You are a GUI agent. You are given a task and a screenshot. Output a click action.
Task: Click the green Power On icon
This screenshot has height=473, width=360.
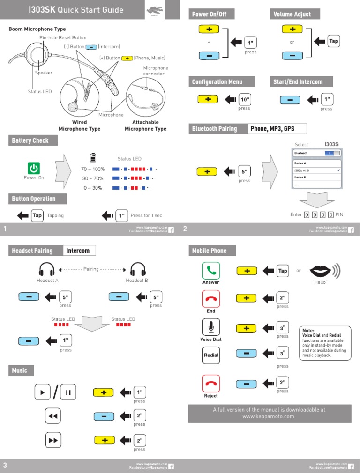[34, 168]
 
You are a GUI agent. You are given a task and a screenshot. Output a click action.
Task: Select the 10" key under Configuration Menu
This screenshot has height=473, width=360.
[245, 100]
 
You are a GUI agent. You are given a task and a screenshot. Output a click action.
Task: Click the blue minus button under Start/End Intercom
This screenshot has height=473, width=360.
[291, 100]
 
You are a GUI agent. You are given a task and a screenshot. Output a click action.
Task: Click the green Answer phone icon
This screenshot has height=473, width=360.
[211, 271]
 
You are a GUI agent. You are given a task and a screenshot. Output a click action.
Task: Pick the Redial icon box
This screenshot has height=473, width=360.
[211, 355]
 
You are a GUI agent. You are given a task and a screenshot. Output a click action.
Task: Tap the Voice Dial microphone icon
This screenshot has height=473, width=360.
[211, 327]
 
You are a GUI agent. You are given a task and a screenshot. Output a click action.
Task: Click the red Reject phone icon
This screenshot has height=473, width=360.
[211, 384]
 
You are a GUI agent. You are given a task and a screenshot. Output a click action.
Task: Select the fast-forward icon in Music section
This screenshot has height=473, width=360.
[53, 441]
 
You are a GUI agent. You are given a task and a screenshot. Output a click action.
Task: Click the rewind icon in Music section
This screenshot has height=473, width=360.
[53, 416]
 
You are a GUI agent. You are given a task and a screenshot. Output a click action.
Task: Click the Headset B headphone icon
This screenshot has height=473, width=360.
[137, 270]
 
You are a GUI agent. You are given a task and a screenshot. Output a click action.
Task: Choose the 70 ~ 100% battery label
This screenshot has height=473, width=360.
[93, 169]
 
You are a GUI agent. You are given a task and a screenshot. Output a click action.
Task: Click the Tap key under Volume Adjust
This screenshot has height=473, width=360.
[333, 41]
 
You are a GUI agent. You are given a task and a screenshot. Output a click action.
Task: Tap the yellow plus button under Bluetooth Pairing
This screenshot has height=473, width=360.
[208, 172]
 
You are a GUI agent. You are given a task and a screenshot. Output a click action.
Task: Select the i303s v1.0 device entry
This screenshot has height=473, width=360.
[317, 170]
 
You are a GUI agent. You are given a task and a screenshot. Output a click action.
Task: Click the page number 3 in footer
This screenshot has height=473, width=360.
[5, 465]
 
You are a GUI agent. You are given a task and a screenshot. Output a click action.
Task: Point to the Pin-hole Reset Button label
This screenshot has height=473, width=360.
[66, 37]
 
